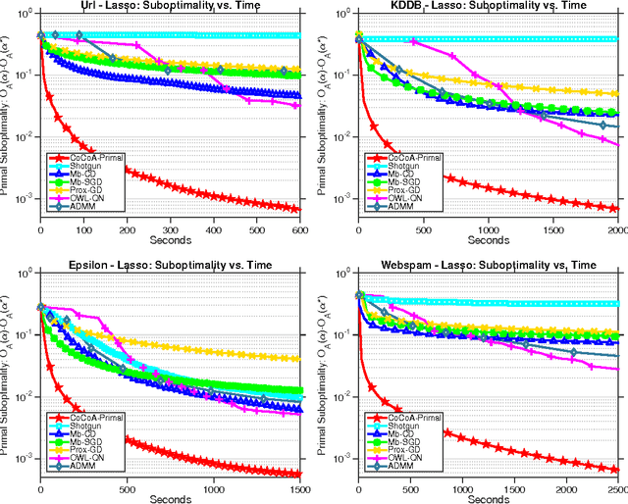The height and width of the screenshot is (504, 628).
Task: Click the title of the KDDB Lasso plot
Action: tap(488, 7)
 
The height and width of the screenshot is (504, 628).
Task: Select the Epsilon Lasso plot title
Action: tap(170, 263)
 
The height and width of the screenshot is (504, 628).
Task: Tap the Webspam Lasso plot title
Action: tap(488, 263)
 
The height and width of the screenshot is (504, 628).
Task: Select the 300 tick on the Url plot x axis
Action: tap(170, 229)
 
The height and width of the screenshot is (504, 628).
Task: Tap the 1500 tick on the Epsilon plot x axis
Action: tap(296, 487)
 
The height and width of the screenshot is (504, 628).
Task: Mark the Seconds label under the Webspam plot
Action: tap(488, 497)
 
